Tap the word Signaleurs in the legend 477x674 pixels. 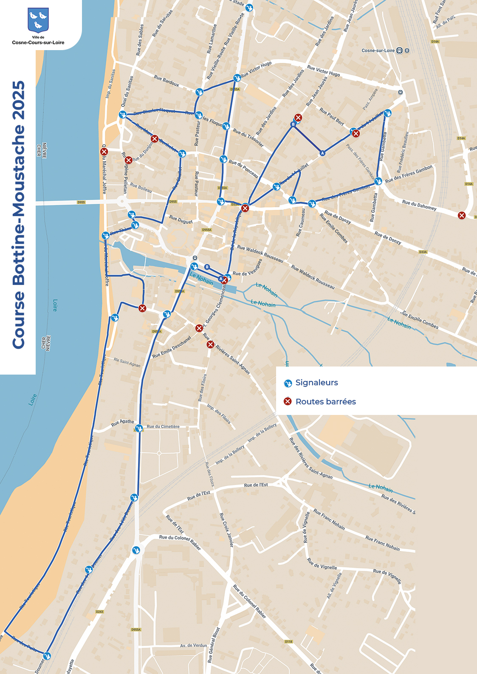[316, 383]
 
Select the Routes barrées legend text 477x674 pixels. [325, 402]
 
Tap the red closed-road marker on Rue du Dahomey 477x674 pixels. [462, 215]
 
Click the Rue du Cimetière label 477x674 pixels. [163, 426]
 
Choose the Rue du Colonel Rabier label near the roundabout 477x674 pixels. [180, 542]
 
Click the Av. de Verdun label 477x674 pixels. [193, 646]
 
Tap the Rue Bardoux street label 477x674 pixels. [167, 81]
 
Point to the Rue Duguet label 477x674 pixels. [181, 219]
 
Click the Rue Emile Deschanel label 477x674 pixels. [172, 347]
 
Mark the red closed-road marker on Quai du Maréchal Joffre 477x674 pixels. [104, 152]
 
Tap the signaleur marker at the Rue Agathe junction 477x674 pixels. [138, 429]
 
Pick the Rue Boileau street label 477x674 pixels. [141, 188]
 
